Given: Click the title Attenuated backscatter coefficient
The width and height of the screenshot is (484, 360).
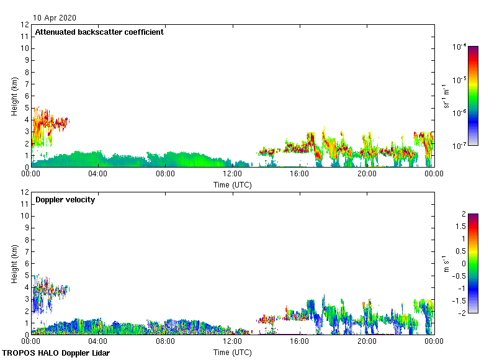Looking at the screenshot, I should (99, 32).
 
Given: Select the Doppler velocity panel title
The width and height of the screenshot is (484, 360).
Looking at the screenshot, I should (65, 200).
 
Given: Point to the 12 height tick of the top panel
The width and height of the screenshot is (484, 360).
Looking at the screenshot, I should (25, 25).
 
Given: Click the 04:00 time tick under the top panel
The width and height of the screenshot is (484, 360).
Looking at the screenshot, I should (98, 174).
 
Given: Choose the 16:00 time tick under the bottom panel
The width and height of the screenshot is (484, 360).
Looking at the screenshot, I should (300, 342).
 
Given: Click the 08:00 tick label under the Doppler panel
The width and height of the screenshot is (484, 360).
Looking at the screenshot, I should (165, 342).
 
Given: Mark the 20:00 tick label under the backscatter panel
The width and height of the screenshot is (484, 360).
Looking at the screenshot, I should (367, 174).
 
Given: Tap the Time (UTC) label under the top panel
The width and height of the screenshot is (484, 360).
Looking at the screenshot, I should (232, 184).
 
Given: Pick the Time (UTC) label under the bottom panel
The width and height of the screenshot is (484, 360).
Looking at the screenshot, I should (232, 352).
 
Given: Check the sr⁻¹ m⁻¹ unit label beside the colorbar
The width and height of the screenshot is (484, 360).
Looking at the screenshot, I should (446, 96).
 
